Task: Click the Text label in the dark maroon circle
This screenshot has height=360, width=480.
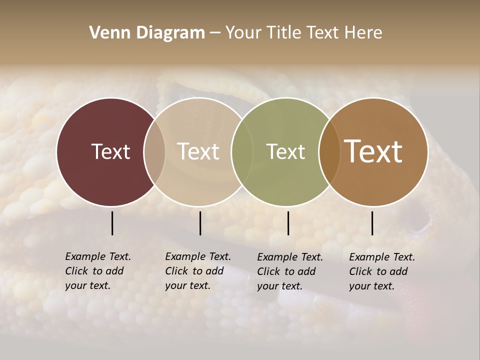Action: pos(110,151)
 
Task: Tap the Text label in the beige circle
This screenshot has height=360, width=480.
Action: pos(198,151)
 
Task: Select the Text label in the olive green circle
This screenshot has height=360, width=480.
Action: pos(285,151)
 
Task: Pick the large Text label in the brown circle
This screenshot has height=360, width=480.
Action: pos(373,151)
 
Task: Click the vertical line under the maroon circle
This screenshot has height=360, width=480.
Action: pos(112,223)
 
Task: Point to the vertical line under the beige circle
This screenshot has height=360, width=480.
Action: pos(200,223)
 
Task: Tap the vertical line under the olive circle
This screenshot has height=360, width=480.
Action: pos(288,223)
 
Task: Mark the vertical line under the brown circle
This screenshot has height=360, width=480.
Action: pos(372,223)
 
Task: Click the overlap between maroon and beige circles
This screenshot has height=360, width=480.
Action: pos(154,151)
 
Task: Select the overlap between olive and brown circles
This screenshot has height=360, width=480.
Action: pos(329,151)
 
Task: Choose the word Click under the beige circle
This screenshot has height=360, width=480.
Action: pos(176,271)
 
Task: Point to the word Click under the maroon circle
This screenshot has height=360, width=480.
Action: pos(76,271)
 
